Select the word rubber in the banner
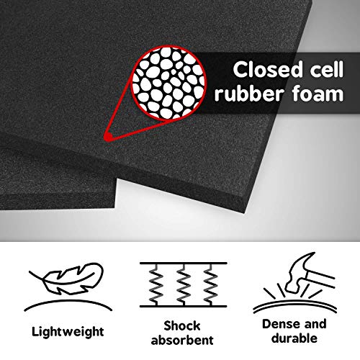pos(250,94)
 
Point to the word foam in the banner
pos(318,94)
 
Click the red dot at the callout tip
pos(108,137)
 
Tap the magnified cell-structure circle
pos(168,83)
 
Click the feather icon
pos(67,279)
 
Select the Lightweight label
pos(68,332)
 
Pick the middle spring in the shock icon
pos(184,285)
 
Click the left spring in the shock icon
pos(156,285)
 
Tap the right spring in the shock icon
pos(211,285)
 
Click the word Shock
pos(182,326)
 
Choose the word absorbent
pos(182,340)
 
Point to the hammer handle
pos(320,279)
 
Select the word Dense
pos(280,324)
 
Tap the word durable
pos(294,338)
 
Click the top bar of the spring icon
pos(184,264)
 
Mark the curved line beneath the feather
pos(68,305)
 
